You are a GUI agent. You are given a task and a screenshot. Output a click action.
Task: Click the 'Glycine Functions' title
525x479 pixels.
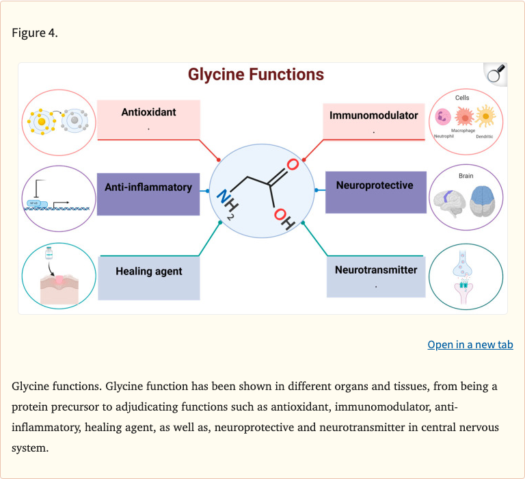click(x=256, y=75)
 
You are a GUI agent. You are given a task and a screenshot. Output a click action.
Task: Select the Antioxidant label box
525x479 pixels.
click(x=148, y=118)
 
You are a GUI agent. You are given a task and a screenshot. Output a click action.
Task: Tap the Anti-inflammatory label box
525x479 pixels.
click(x=148, y=187)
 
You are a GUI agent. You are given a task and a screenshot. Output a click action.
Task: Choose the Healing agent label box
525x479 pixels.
click(x=149, y=272)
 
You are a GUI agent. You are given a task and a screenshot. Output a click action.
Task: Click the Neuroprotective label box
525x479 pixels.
click(x=375, y=186)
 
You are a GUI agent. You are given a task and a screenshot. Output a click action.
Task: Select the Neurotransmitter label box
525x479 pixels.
click(x=375, y=275)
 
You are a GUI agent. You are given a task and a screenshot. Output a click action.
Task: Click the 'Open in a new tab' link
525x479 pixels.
click(x=470, y=344)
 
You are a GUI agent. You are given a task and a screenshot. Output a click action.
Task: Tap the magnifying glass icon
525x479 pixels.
click(x=495, y=74)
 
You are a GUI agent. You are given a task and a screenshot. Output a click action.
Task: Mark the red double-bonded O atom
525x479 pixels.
click(x=293, y=165)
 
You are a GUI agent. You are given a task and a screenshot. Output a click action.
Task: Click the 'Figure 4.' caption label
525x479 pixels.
click(x=35, y=34)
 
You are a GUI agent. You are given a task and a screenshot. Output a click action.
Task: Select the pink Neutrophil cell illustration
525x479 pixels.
click(x=442, y=117)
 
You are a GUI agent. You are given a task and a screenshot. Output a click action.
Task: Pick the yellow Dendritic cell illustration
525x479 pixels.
click(x=485, y=116)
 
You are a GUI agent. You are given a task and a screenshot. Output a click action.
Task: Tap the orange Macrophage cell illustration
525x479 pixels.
click(x=463, y=116)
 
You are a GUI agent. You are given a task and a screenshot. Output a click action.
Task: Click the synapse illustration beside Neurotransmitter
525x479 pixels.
click(x=465, y=277)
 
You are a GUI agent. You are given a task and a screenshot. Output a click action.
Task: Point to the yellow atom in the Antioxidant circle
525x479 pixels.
click(x=42, y=122)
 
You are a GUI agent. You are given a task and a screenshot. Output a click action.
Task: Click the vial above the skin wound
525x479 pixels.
click(x=49, y=254)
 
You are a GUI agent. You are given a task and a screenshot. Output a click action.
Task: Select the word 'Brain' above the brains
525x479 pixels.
click(x=466, y=176)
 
